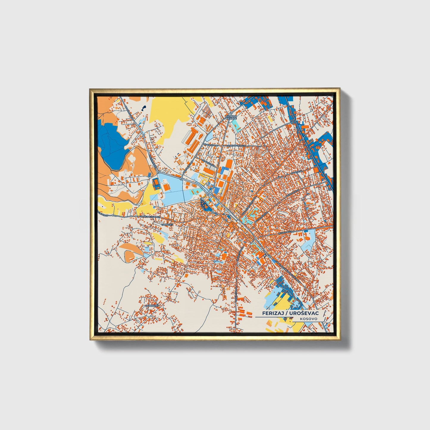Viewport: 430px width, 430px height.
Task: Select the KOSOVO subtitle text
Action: [x=309, y=319]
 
